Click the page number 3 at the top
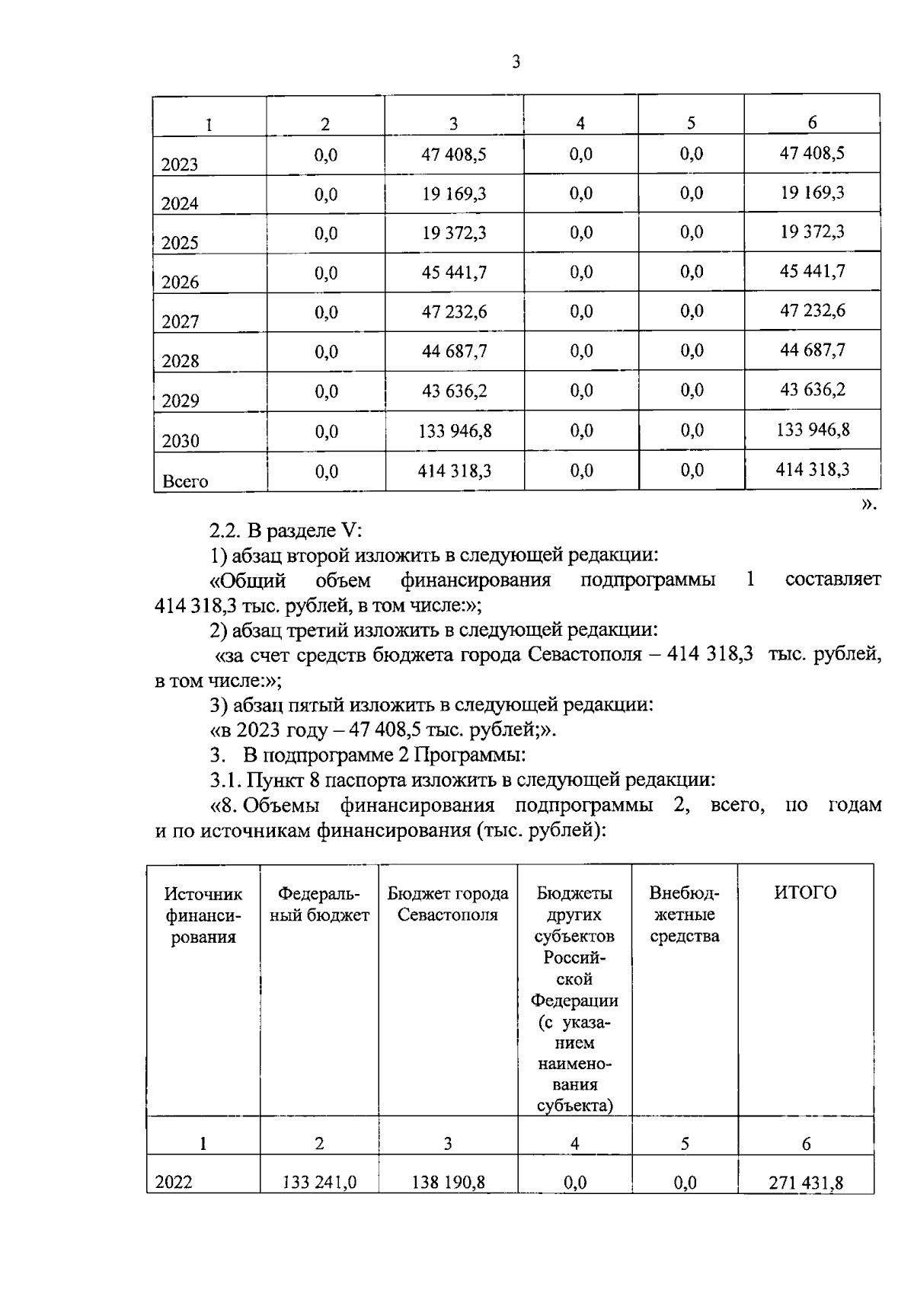point(516,62)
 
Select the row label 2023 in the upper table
point(180,164)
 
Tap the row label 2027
point(180,321)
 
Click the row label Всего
point(185,481)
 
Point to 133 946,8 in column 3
point(455,431)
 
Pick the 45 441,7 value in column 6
point(812,272)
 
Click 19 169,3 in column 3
point(455,194)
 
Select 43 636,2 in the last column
point(812,391)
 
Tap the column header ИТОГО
point(805,893)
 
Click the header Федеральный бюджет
point(319,904)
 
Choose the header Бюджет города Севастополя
point(448,904)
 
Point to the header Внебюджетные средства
point(684,914)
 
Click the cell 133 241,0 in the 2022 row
point(319,1183)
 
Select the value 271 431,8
point(807,1183)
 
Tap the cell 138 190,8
point(448,1183)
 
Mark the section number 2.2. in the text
point(226,531)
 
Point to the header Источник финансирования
point(203,915)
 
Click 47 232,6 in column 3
point(455,312)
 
